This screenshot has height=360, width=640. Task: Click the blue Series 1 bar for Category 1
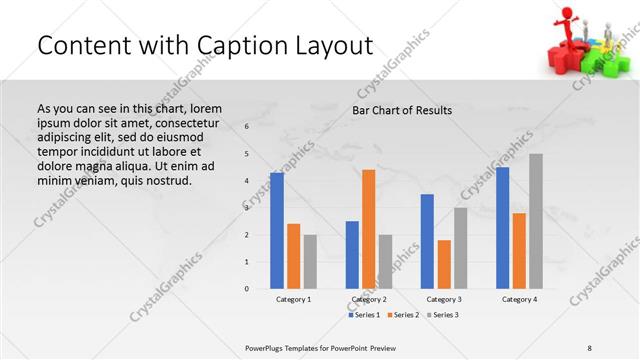tap(277, 231)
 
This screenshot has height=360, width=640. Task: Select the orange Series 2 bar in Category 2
tap(368, 229)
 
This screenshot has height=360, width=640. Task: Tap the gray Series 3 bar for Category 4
tap(536, 221)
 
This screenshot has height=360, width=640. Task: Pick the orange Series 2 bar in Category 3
tap(444, 264)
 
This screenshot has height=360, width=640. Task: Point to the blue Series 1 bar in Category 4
tap(502, 228)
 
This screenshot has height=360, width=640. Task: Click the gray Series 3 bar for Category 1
tap(310, 262)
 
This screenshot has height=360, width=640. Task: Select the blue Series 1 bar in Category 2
tap(352, 255)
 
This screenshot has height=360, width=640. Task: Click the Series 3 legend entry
tap(444, 315)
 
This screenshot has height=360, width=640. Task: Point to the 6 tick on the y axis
tap(247, 127)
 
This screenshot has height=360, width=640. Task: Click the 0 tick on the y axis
tap(247, 289)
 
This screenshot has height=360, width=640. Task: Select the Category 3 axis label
tap(443, 299)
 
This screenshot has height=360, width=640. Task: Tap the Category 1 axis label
tap(293, 299)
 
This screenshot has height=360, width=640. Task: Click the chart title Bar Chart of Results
tap(402, 110)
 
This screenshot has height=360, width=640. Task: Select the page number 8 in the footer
tap(590, 347)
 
